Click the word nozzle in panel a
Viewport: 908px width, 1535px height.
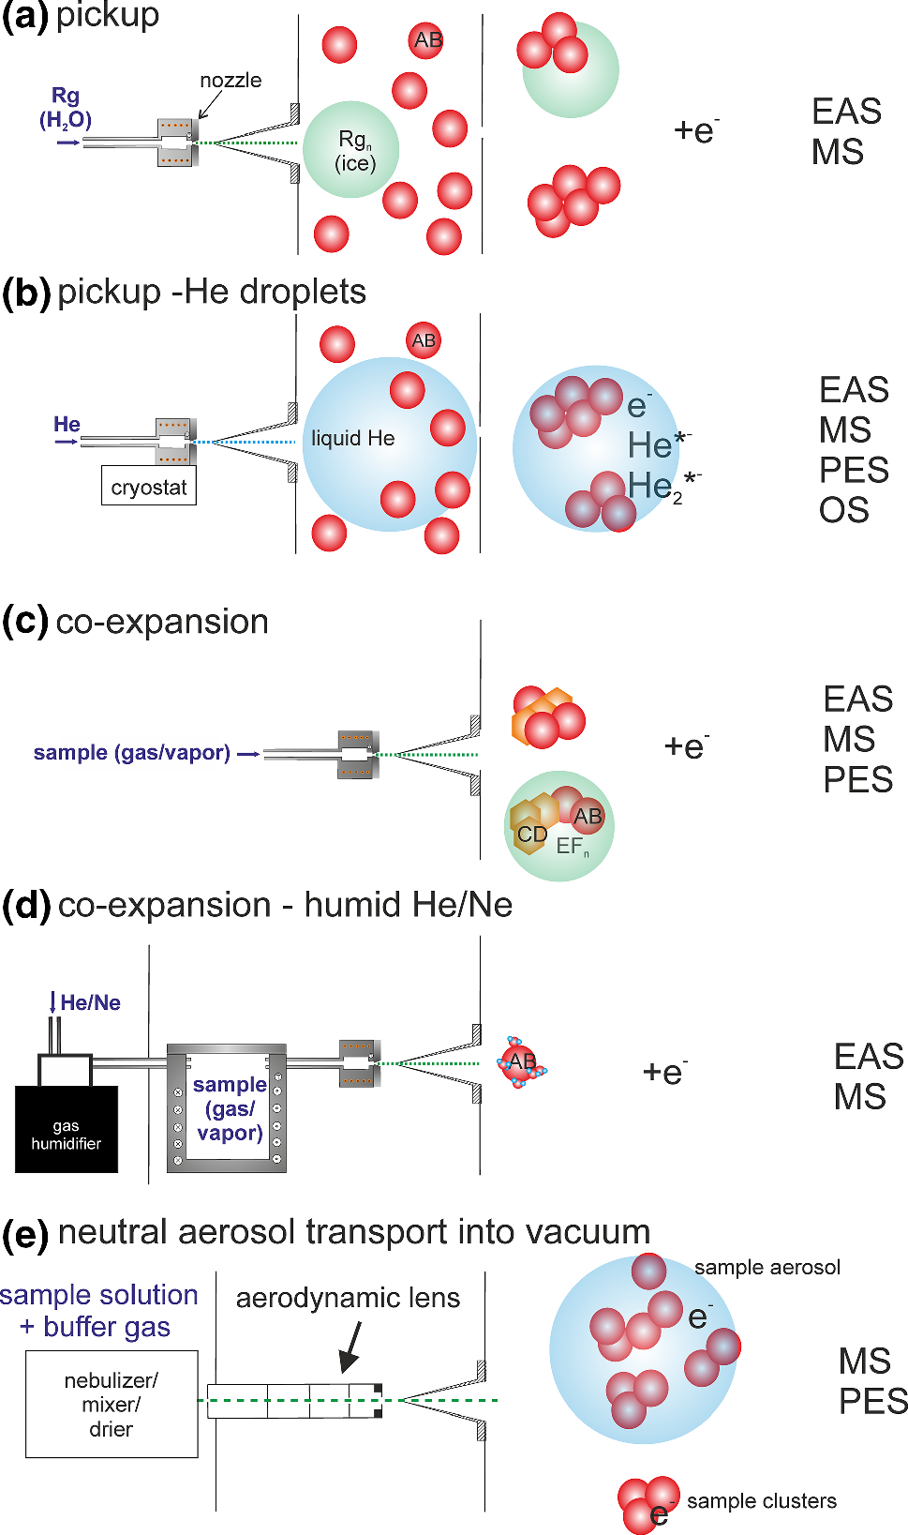click(231, 81)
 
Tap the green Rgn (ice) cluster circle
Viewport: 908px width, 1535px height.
click(351, 150)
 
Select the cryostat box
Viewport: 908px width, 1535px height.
click(149, 487)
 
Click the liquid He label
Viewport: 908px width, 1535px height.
click(352, 439)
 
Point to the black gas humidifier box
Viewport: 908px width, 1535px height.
click(67, 1129)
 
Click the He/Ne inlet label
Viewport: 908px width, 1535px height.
click(90, 1002)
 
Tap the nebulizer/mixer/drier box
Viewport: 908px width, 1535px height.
click(112, 1404)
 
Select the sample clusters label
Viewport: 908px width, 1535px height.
click(761, 1500)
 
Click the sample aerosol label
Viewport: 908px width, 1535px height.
click(767, 1268)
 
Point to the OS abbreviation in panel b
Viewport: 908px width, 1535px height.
click(843, 510)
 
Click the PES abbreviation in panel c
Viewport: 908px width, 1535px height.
click(857, 780)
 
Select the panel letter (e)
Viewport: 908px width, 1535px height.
click(25, 1234)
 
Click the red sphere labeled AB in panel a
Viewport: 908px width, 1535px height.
click(426, 40)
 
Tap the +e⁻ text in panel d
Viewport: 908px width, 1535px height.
click(664, 1071)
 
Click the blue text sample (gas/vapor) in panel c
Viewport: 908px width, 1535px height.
click(132, 753)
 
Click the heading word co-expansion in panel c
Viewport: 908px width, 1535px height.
click(162, 622)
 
